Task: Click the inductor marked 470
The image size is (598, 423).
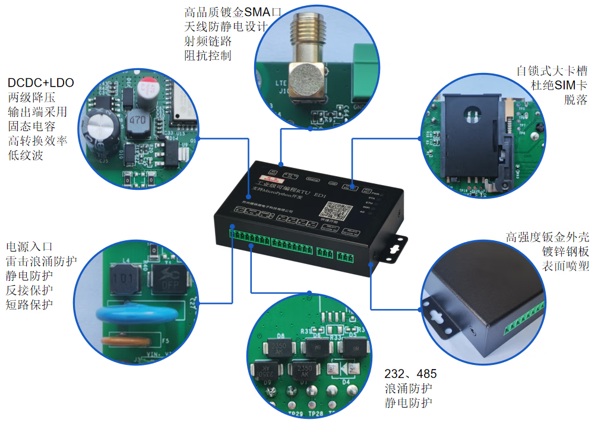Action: point(137,120)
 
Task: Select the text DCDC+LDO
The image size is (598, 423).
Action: point(40,82)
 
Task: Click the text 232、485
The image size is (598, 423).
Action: point(410,374)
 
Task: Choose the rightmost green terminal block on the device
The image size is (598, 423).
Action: point(344,257)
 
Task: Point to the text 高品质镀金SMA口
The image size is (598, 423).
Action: point(232,12)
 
